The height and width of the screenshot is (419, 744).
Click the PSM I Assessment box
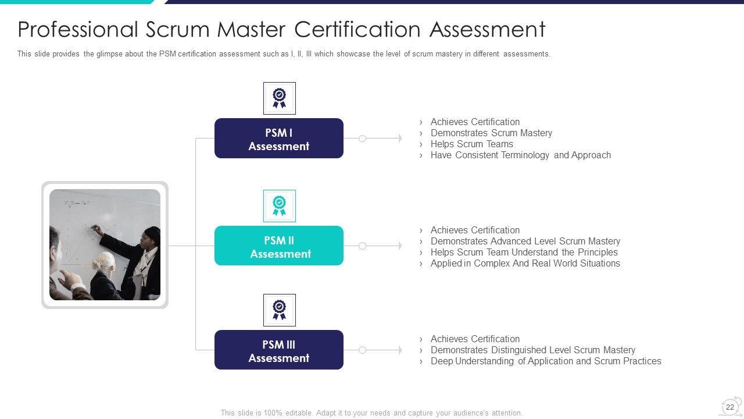click(x=279, y=139)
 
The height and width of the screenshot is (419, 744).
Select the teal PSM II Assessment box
click(x=279, y=246)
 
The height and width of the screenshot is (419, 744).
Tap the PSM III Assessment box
click(x=279, y=350)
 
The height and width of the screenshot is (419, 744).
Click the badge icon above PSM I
click(x=280, y=98)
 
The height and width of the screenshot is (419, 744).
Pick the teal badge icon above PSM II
click(x=280, y=206)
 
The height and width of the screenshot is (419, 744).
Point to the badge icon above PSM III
click(x=280, y=310)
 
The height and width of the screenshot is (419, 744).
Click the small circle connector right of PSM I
click(x=362, y=139)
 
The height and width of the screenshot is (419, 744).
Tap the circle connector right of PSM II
click(x=362, y=246)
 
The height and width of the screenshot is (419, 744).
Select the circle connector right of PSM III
click(x=362, y=350)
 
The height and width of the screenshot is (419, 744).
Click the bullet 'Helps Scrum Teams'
click(x=471, y=144)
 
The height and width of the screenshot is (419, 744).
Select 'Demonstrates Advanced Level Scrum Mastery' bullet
click(x=525, y=242)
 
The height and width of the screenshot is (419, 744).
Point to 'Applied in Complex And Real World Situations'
click(x=525, y=264)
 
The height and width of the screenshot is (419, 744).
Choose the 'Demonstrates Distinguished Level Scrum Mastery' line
click(x=532, y=350)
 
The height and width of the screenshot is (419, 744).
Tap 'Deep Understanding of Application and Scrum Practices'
click(x=545, y=361)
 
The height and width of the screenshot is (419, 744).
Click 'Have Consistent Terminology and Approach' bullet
click(x=520, y=155)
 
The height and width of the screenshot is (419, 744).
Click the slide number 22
click(x=730, y=407)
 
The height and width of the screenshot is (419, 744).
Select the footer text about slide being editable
click(x=371, y=413)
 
